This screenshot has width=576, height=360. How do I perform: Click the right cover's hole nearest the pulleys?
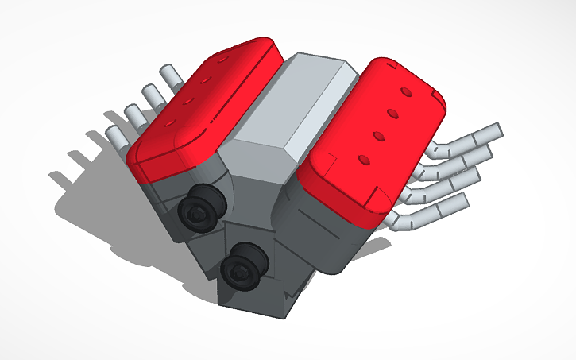point(364,160)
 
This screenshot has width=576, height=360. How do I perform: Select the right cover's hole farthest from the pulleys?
point(407,94)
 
